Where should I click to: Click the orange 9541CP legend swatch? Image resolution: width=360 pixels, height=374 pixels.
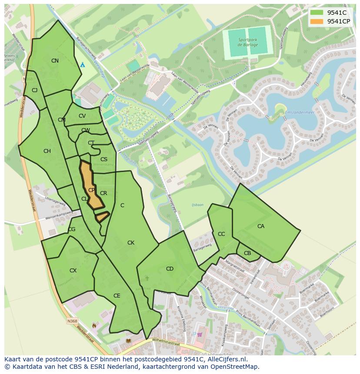(317, 21)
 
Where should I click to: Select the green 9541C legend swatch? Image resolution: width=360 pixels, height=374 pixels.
(317, 13)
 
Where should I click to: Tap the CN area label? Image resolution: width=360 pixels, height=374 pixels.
(55, 61)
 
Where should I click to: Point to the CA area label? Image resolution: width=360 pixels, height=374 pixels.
(261, 226)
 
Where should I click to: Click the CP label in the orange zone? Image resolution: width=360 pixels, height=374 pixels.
(91, 190)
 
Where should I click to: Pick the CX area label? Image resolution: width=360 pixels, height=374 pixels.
(73, 271)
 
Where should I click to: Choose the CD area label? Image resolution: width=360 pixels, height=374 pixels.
(170, 269)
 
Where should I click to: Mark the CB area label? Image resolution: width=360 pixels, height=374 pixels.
(247, 253)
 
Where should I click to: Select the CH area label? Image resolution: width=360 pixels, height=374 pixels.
(47, 151)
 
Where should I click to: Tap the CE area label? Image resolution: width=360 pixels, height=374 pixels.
(117, 296)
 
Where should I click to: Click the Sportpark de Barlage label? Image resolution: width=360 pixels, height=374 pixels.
(248, 42)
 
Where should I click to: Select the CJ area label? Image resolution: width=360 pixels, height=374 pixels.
(35, 90)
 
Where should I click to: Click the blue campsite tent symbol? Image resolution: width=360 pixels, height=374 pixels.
(82, 64)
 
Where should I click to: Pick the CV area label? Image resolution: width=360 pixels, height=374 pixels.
(82, 116)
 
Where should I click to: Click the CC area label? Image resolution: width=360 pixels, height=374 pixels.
(221, 234)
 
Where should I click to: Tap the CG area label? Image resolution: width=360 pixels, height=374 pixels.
(72, 229)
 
